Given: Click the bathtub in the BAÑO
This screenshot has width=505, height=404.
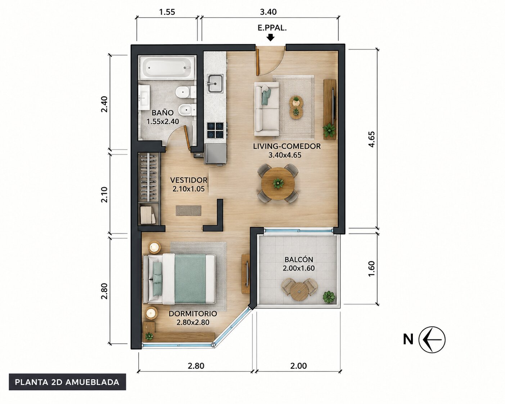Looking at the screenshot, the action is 167,67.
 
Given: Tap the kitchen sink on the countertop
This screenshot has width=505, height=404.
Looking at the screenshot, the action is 215,83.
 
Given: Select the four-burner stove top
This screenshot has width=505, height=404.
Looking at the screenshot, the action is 215,130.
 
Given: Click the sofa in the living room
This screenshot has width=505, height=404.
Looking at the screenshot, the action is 267,109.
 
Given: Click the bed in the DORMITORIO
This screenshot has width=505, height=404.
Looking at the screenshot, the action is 180,279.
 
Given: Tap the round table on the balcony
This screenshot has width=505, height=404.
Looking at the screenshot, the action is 299,292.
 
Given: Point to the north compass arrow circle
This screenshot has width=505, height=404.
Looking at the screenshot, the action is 432,339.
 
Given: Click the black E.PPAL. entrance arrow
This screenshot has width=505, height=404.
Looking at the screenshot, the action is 271,37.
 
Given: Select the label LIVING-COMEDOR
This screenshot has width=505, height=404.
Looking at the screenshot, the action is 287,146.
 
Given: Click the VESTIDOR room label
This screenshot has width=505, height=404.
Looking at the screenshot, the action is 189,180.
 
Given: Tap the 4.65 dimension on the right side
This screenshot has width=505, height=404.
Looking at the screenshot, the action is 371,139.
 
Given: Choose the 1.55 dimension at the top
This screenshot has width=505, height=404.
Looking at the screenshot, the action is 167,12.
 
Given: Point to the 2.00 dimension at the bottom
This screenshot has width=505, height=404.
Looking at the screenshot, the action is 298,366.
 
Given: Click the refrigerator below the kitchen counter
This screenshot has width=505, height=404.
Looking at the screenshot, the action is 216,154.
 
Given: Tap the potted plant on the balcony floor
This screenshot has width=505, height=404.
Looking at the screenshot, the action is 329,297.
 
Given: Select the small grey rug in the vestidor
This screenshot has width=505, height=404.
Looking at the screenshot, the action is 189,210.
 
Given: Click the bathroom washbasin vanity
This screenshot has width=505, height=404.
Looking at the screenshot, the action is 144,98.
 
